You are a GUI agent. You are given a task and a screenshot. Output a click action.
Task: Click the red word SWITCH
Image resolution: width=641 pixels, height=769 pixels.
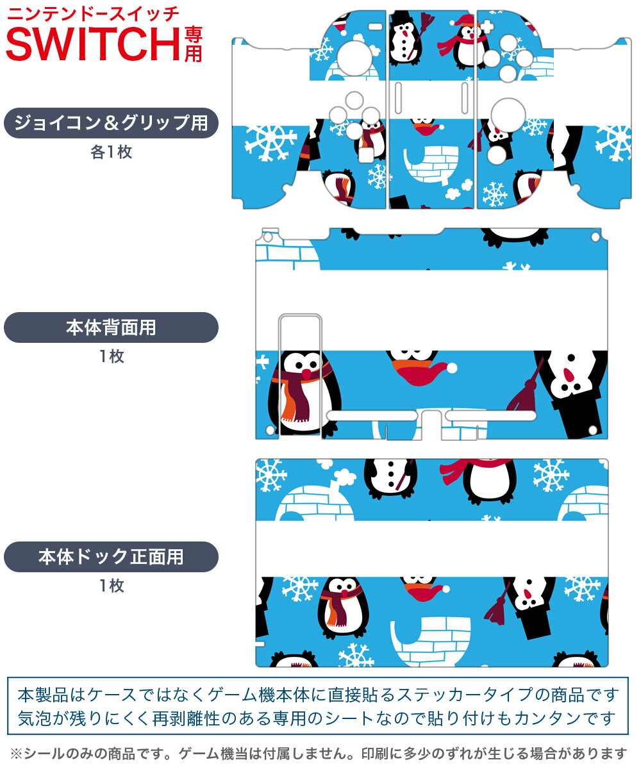point(93,44)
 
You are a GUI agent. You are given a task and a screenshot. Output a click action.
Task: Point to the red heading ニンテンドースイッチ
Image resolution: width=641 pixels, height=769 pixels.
point(93,13)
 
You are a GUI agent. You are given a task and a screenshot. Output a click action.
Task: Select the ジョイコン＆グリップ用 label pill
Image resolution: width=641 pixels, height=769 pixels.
point(111,123)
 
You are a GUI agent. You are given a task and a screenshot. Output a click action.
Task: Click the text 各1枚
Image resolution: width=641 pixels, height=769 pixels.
point(111,152)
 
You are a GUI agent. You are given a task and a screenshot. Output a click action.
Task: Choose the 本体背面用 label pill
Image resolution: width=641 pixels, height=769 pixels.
point(111,327)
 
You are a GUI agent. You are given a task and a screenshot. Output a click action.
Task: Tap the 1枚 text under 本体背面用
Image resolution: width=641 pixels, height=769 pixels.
point(111,356)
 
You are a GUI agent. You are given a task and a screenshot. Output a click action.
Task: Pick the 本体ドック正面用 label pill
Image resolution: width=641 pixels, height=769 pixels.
point(111,557)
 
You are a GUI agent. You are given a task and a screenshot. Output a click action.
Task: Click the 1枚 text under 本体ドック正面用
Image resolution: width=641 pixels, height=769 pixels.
point(111,585)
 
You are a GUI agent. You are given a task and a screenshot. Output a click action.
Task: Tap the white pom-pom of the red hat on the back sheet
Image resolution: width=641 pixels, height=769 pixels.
point(453,368)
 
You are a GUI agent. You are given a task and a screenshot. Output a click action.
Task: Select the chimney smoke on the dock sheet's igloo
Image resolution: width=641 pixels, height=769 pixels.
point(344,475)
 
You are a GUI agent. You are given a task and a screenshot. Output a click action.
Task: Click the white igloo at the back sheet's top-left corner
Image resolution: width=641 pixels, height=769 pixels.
point(287,252)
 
